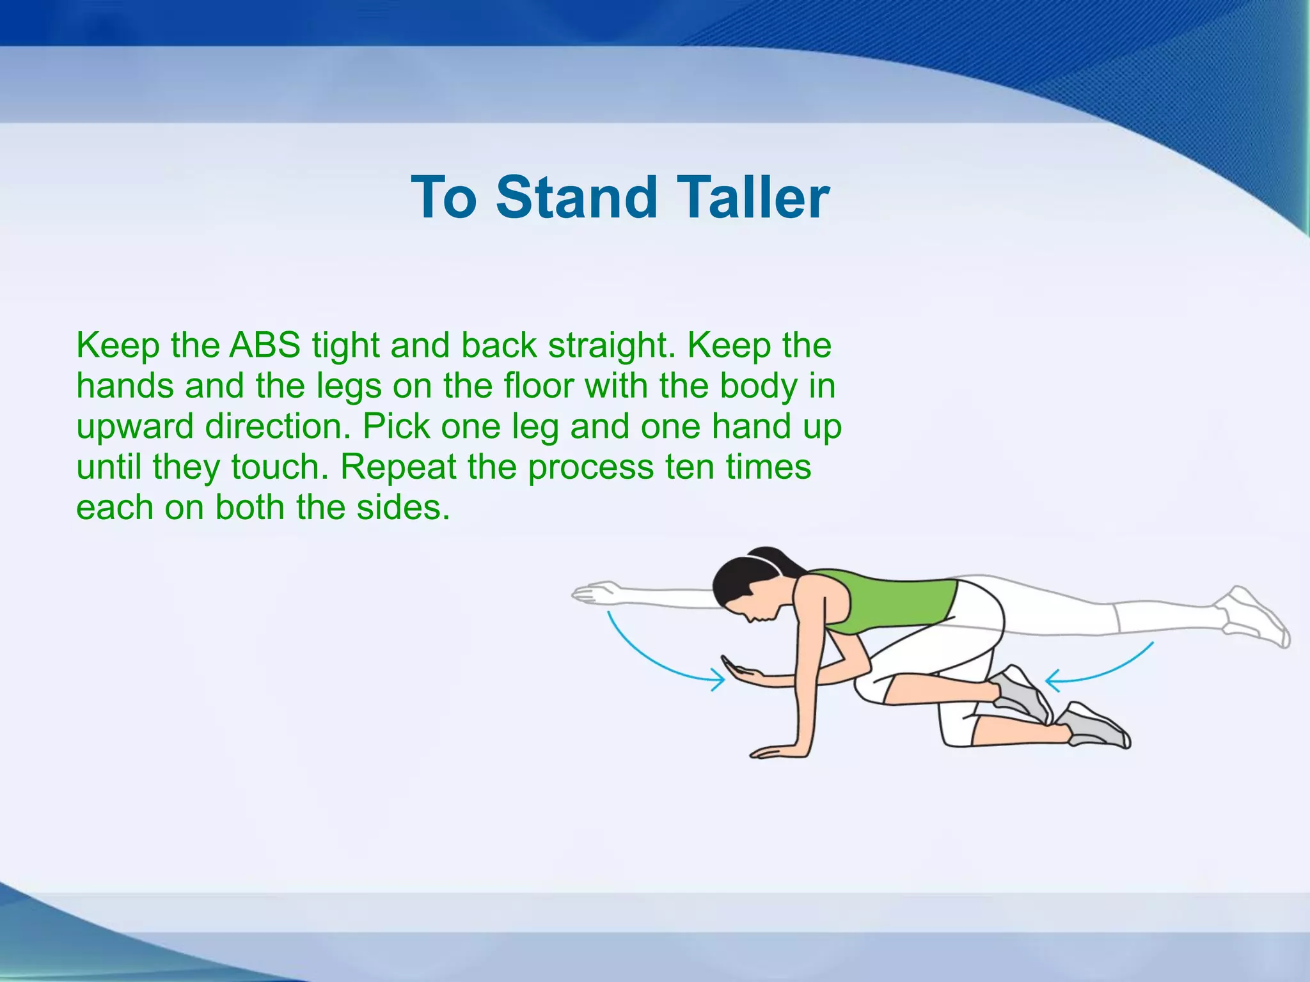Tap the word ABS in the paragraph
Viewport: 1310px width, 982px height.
pos(265,346)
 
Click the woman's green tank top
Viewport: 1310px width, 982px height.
pos(896,601)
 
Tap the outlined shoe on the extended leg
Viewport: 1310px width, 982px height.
pos(1254,617)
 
